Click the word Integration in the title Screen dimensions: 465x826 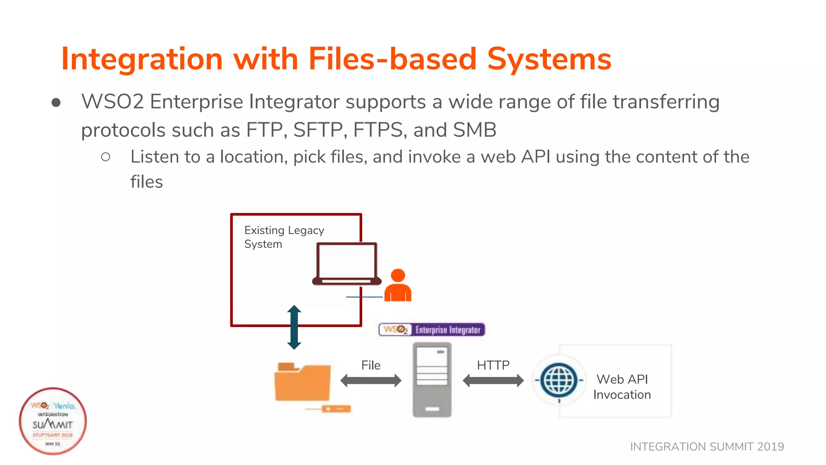142,59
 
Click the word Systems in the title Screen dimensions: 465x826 549,59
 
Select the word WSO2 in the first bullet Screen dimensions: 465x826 113,102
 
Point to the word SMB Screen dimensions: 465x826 474,130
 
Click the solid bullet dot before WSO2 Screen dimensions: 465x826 56,103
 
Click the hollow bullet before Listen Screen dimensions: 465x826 106,157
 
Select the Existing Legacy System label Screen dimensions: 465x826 284,237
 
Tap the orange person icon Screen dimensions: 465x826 398,286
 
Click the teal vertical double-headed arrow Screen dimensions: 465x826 294,327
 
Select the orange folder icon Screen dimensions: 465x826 302,382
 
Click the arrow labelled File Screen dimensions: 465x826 371,380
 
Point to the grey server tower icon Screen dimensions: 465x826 432,379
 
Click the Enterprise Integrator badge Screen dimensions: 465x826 432,330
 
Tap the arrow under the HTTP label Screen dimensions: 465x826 493,380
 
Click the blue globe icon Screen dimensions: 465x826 559,380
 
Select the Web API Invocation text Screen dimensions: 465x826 622,387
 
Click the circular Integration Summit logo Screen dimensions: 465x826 53,421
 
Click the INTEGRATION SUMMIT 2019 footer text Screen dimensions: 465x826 707,446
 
